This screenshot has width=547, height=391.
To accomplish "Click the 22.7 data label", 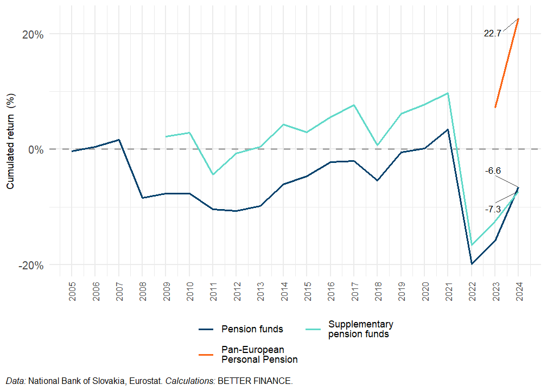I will click(492, 34).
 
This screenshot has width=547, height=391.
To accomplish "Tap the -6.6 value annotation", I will click(493, 171).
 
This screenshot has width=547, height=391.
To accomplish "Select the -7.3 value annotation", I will click(493, 209).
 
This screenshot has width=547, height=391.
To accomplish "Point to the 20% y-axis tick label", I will click(32, 34).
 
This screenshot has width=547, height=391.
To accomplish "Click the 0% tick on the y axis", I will click(35, 149).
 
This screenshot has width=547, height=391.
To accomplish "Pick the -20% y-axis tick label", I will click(31, 265).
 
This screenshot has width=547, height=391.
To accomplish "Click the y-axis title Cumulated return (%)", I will click(10, 141).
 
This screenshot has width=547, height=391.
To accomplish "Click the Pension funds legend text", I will click(252, 329).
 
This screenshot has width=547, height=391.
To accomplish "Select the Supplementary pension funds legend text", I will click(361, 329).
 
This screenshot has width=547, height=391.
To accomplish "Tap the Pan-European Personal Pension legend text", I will click(259, 354).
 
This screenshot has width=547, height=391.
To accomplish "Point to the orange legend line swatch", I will click(207, 354).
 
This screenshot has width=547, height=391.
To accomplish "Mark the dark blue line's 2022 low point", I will click(472, 264).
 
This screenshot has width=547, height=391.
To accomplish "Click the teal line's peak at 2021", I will click(448, 93).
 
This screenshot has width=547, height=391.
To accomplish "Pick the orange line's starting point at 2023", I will click(495, 108).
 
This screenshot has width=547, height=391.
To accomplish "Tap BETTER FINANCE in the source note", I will click(255, 381).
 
